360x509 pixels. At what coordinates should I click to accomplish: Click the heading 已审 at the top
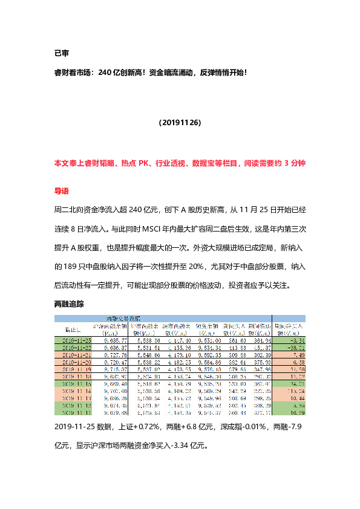tap(62, 53)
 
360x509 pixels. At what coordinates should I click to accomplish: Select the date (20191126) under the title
tap(180, 122)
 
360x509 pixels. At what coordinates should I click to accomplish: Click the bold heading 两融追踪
tap(70, 304)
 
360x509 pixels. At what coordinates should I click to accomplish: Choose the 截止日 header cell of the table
tap(73, 328)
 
